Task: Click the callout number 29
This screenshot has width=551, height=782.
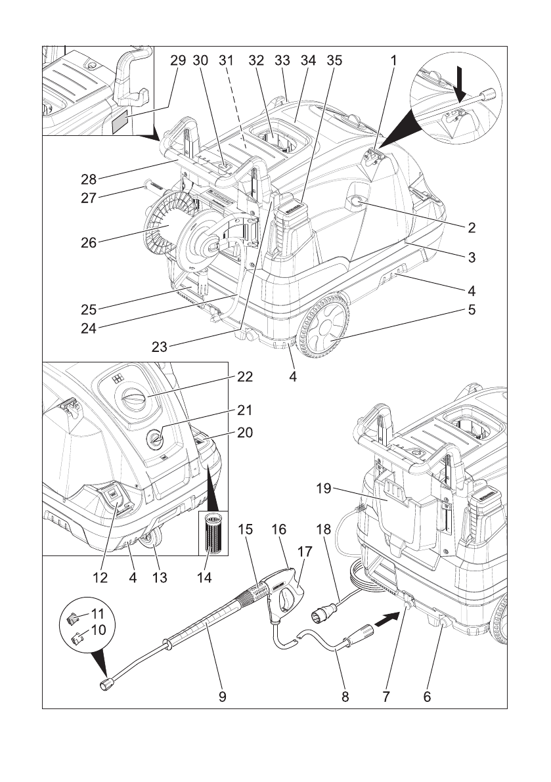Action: pyautogui.click(x=178, y=60)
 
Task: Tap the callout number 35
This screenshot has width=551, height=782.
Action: pyautogui.click(x=334, y=60)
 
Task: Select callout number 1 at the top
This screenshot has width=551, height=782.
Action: pyautogui.click(x=393, y=60)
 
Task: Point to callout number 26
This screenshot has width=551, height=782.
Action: pyautogui.click(x=88, y=242)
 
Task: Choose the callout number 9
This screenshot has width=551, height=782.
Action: pyautogui.click(x=223, y=697)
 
